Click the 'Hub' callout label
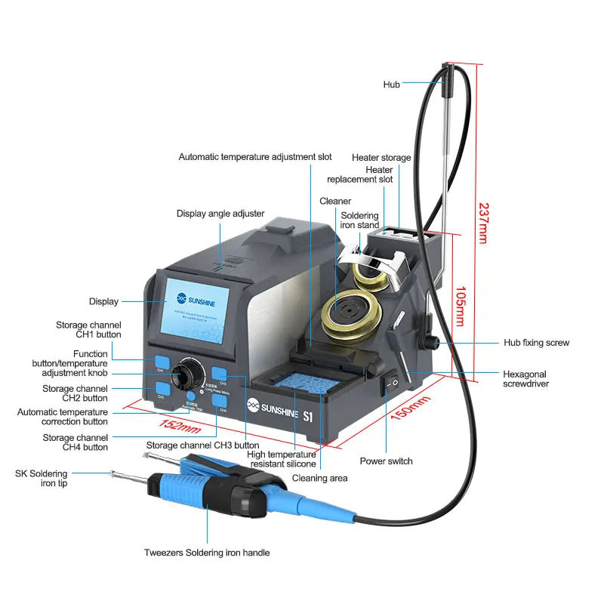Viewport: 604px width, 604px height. pos(391,85)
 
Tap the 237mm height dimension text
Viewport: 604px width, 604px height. pos(482,222)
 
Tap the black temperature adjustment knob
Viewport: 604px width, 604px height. pos(184,374)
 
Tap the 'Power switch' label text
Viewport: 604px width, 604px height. pos(386,461)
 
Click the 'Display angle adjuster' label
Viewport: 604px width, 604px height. pos(220,214)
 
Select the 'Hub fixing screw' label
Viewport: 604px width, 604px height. pos(536,343)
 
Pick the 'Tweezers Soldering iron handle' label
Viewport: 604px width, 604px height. pos(207,553)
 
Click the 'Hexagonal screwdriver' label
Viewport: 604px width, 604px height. pos(525,379)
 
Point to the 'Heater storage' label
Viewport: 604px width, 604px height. pos(381,158)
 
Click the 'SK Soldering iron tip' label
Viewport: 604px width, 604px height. pos(41,478)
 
